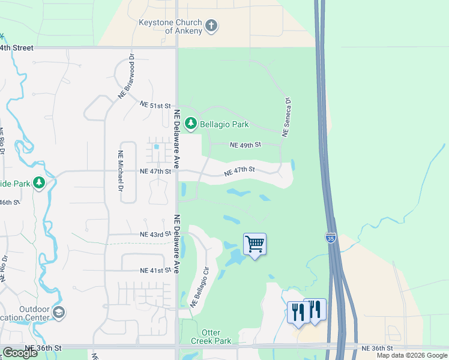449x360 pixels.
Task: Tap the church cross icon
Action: pos(210,26)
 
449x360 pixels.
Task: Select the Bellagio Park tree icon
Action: pos(191,124)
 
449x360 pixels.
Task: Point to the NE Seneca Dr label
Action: pos(287,118)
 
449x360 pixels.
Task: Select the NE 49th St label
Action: pos(246,145)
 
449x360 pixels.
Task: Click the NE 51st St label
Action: pos(155,104)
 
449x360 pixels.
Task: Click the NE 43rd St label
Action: pos(155,234)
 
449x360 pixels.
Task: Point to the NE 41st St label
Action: pos(155,271)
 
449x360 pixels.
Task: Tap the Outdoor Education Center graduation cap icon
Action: pos(59,312)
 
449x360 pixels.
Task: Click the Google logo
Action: pos(20,353)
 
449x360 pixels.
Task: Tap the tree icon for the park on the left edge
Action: pos(39,182)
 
